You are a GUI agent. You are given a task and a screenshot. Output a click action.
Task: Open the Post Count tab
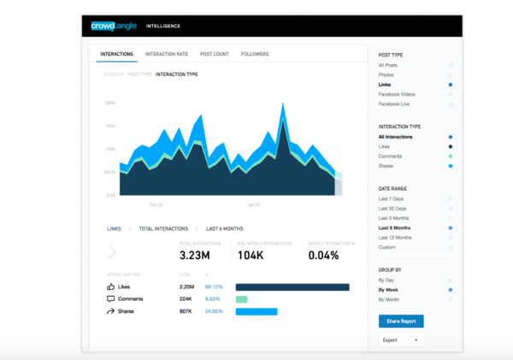214,54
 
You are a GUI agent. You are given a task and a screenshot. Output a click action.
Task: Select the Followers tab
255,54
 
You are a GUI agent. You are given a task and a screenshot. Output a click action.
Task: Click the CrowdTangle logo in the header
113,26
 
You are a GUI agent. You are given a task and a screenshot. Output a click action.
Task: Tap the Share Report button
400,322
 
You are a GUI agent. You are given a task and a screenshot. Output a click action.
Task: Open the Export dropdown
400,340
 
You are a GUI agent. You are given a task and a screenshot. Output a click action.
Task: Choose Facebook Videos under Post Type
396,94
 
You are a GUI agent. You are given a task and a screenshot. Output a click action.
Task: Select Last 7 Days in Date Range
392,199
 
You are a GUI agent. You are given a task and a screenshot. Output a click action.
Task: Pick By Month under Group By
389,299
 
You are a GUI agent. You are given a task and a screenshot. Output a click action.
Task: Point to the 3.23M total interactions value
195,255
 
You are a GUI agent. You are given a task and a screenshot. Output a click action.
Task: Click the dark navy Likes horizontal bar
292,287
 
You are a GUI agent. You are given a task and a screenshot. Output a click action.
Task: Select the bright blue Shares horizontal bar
256,311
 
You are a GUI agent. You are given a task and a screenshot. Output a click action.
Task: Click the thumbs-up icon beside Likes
111,287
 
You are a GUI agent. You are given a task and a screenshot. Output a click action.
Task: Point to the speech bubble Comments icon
111,299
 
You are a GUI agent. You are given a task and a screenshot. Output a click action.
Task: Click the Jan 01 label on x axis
253,205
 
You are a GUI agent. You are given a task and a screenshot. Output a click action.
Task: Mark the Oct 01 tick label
156,205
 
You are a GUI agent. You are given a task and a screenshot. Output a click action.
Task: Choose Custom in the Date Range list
386,247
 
